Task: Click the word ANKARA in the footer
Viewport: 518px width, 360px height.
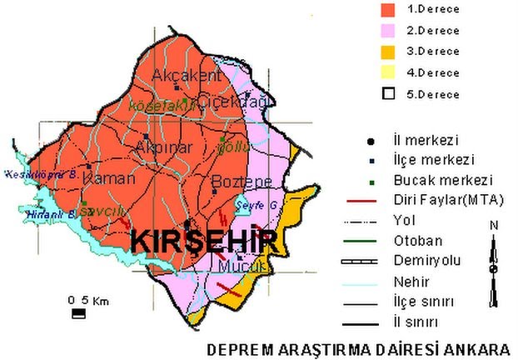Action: (477, 347)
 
